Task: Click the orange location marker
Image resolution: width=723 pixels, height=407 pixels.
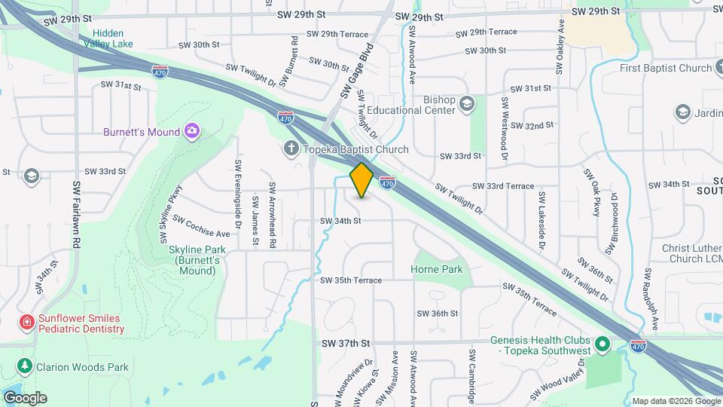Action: [362, 180]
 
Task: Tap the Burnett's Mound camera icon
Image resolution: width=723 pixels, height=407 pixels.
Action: [192, 132]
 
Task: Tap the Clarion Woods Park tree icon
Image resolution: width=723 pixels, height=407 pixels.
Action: [26, 366]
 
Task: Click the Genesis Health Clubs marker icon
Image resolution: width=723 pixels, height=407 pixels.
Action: [602, 345]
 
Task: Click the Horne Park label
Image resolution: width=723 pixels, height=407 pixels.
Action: [436, 269]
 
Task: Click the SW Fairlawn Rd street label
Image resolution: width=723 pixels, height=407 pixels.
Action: [77, 215]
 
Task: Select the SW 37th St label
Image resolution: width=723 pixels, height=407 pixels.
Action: [346, 343]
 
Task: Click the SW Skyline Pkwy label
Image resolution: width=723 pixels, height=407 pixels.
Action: [171, 214]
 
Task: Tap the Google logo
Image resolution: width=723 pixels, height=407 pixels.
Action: [25, 397]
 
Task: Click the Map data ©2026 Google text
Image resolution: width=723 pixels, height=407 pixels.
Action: [675, 401]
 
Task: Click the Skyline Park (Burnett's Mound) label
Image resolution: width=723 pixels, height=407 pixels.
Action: [194, 260]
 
